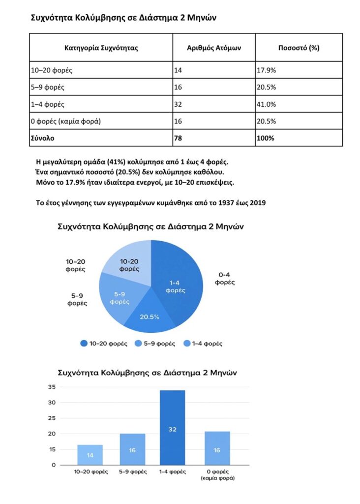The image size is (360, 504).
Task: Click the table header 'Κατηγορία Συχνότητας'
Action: tap(101, 48)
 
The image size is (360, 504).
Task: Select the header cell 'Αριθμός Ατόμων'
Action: tap(214, 48)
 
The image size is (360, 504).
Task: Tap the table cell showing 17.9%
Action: tap(266, 70)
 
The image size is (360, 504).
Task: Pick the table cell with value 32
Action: tap(178, 104)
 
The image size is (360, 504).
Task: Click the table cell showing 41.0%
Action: tap(266, 104)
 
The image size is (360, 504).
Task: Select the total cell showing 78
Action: tap(178, 138)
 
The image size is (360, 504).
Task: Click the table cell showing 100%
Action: tap(265, 138)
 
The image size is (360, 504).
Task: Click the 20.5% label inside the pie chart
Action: tap(150, 316)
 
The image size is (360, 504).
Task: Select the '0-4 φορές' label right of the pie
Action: tap(227, 279)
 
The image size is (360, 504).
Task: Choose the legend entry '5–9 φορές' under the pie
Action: tap(157, 344)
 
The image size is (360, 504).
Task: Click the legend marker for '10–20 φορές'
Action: tap(84, 344)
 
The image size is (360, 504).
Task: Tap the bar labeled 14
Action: tap(90, 455)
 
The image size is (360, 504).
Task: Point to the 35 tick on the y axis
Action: tap(52, 387)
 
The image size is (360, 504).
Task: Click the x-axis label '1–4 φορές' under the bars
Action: tap(173, 472)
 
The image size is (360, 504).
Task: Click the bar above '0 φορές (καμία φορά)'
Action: tap(217, 448)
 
